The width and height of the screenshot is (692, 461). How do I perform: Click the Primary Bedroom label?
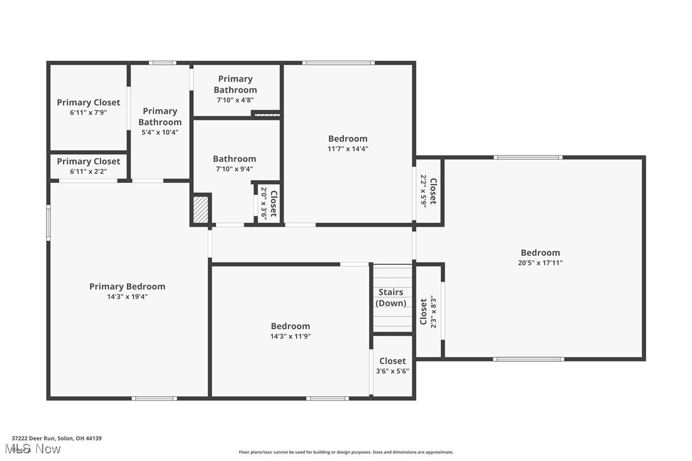[x=127, y=287]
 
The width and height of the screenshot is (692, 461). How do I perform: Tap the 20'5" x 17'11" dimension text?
[x=540, y=262]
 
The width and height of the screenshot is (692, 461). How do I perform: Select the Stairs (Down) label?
[x=391, y=297]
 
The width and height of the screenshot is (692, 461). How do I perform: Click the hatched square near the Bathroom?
[x=201, y=209]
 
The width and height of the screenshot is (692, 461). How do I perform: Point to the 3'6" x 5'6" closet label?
[x=392, y=366]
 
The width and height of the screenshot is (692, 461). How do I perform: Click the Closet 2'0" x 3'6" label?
[x=268, y=202]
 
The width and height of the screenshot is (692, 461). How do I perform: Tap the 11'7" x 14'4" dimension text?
[x=348, y=148]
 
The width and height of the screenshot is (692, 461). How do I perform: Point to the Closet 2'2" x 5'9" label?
[x=428, y=190]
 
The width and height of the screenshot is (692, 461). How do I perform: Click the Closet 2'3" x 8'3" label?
[x=428, y=311]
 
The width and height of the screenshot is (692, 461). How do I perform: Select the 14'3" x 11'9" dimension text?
[x=291, y=336]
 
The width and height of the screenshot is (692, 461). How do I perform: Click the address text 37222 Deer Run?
[x=57, y=438]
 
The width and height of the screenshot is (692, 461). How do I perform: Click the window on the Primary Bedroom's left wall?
[x=48, y=222]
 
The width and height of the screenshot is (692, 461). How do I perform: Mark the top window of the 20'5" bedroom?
[x=528, y=157]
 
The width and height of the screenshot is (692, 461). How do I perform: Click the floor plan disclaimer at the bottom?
[x=346, y=452]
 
